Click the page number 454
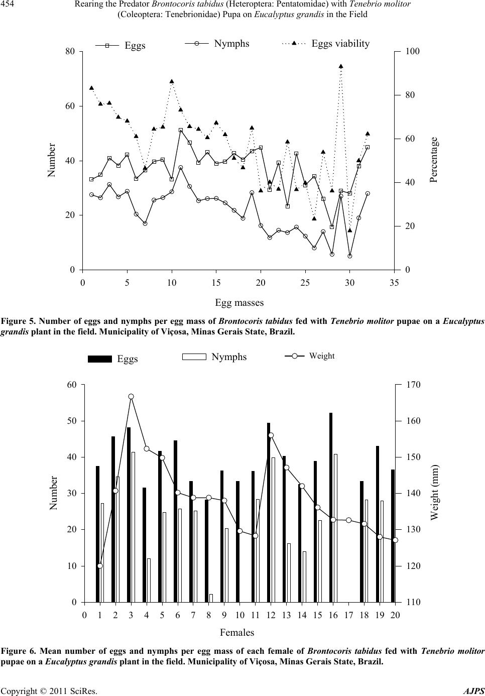[9, 5]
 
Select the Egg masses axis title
[239, 302]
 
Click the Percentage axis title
[434, 160]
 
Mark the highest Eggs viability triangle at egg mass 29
[341, 66]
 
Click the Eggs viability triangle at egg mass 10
[172, 81]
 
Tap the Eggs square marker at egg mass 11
[181, 130]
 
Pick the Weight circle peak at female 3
[131, 397]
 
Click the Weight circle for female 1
[100, 566]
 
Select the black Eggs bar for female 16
[331, 507]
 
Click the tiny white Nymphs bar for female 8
[211, 598]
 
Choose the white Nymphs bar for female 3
[133, 527]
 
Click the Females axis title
[237, 632]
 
